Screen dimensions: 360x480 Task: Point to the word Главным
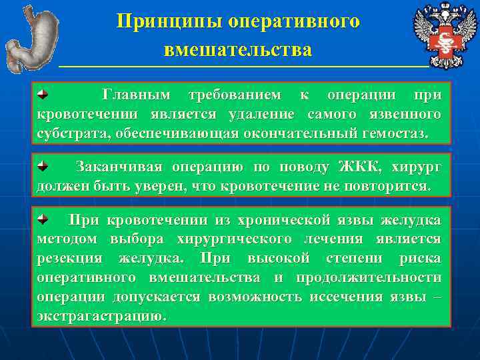coord(135,96)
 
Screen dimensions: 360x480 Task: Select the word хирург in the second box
coord(417,166)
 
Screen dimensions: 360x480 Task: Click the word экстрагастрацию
coord(100,315)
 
